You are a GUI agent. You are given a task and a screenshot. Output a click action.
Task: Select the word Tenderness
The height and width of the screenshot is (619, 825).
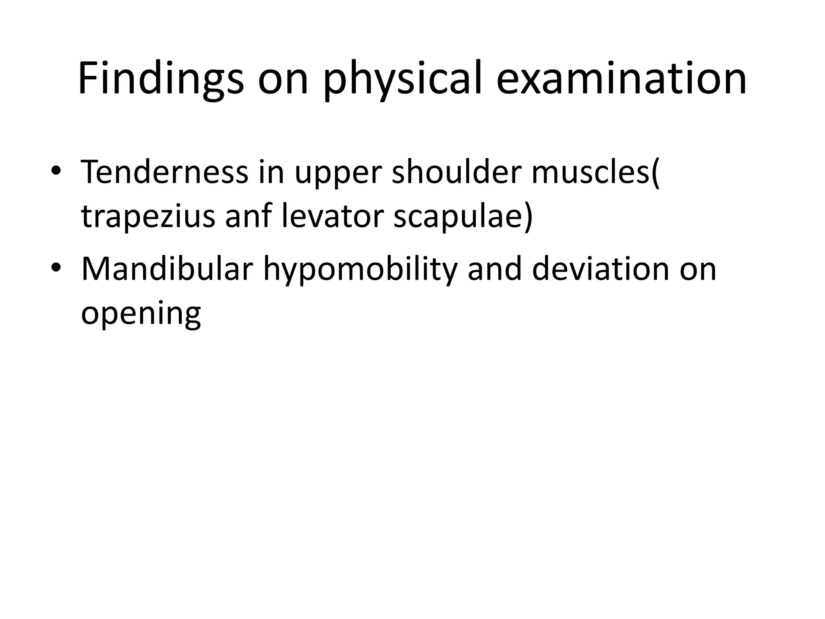pos(164,172)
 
